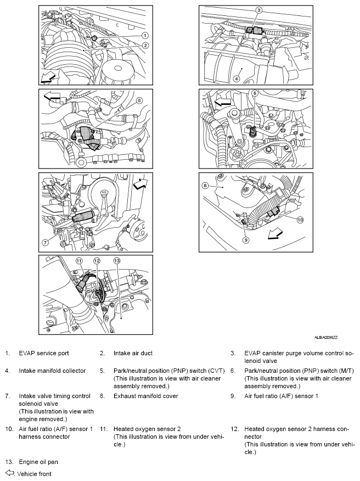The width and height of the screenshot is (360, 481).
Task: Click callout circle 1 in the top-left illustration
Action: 145,36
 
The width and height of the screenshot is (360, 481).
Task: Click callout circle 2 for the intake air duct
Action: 145,45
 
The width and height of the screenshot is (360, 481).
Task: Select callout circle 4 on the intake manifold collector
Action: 237,78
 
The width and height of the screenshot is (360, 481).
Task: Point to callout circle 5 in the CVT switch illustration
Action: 139,100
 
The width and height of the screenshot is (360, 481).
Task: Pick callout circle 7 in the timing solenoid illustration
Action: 46,242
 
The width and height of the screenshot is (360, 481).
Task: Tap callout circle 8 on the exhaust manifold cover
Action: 205,186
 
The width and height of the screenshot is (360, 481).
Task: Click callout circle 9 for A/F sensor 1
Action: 246,239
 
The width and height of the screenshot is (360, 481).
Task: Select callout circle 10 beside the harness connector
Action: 300,220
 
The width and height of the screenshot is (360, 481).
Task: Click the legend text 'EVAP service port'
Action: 43,354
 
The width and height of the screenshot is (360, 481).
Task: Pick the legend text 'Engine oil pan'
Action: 38,462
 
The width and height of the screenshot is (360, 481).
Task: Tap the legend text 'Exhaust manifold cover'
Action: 146,396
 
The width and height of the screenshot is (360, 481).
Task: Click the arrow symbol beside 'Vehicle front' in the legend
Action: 9,473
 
